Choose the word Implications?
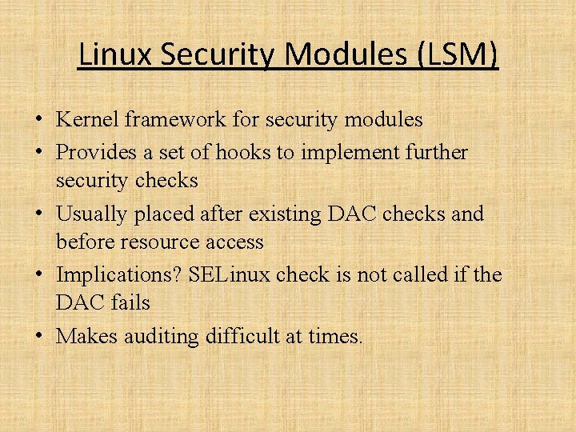pyautogui.click(x=119, y=275)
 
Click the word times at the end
pyautogui.click(x=334, y=337)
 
